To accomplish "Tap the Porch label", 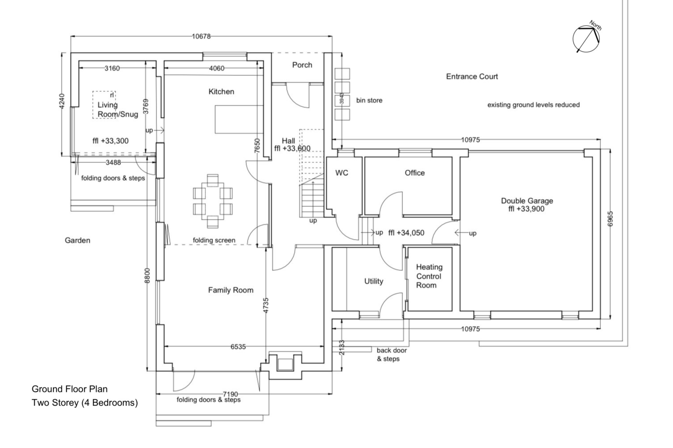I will (x=302, y=65).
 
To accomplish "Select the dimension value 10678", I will (x=201, y=36).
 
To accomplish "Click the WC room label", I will (x=342, y=173).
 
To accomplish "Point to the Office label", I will (x=415, y=173).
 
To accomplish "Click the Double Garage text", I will (x=527, y=201).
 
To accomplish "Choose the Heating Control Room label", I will (x=429, y=276).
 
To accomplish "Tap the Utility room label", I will (x=374, y=281).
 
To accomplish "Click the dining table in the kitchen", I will (x=213, y=201).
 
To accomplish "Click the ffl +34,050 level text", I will (x=406, y=233).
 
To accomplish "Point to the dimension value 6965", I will (x=610, y=219).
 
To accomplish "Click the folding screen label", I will (x=214, y=240).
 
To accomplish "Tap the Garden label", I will (x=77, y=240).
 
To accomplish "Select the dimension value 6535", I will (x=238, y=347).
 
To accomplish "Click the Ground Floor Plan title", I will (x=70, y=389).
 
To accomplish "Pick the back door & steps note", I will (x=391, y=354).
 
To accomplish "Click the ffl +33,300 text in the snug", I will (x=110, y=141).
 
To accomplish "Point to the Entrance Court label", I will (x=472, y=77).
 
